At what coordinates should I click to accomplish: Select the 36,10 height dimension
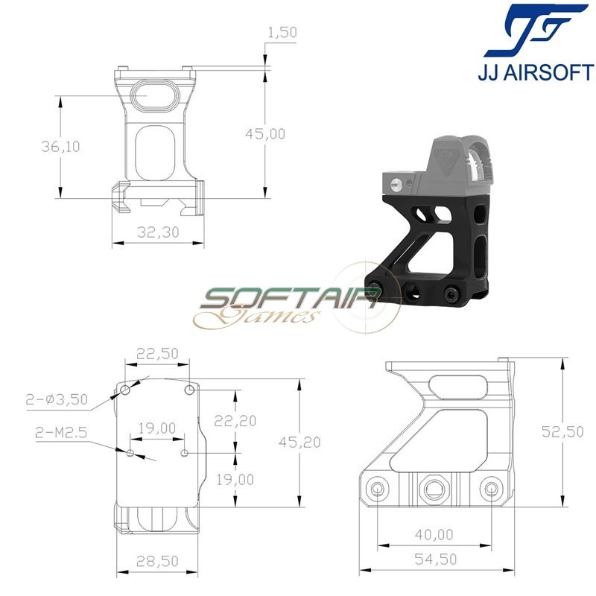point(60,146)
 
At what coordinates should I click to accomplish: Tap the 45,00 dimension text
point(265,133)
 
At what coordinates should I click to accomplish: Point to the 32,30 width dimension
point(159,232)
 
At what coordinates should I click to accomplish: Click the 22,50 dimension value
point(158,355)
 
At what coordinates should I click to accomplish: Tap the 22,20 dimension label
point(235,421)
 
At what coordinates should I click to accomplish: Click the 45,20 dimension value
point(300,442)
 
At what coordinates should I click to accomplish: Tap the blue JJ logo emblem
point(536,31)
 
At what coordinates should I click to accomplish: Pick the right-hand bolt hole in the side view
point(490,489)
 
